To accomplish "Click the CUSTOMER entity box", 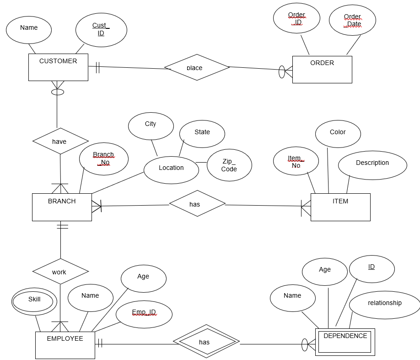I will tap(58, 67).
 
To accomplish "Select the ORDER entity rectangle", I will tap(322, 70).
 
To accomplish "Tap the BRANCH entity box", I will tap(62, 207).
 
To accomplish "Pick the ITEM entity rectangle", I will tap(340, 207).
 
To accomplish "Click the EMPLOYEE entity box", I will tap(65, 345).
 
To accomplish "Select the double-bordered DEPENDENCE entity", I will tap(345, 342).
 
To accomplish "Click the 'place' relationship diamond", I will tap(197, 67).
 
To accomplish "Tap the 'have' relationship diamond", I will tap(60, 141).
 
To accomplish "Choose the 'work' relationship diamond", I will tap(60, 272).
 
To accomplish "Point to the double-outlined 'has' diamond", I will tap(206, 342).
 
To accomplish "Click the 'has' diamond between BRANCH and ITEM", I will tap(197, 203).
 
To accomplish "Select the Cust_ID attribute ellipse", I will tap(101, 30).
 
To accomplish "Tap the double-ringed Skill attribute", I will tap(34, 301).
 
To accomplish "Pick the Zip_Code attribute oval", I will tap(229, 165).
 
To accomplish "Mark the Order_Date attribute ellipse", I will tap(352, 21).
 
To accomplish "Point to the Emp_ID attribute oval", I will tap(144, 315).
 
